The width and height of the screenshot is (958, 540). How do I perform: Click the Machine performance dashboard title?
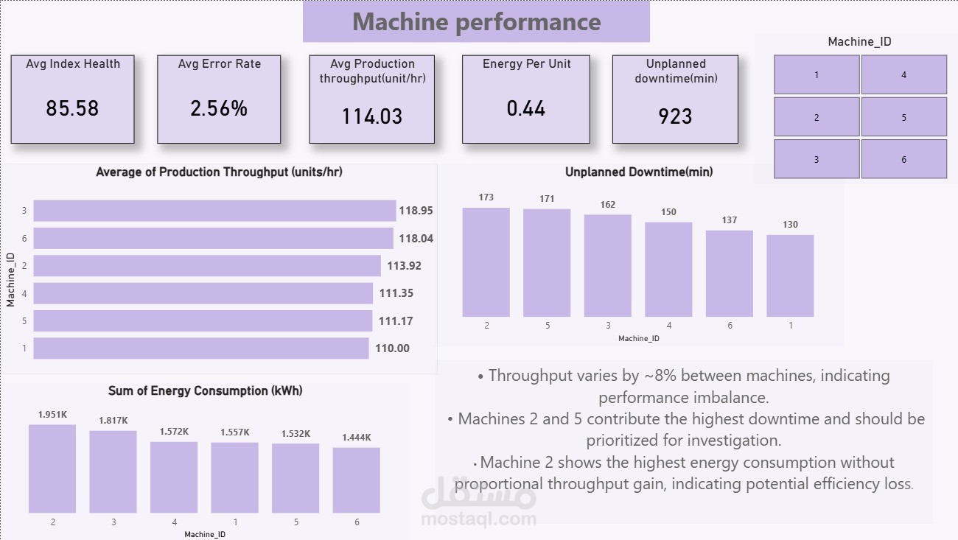point(476,21)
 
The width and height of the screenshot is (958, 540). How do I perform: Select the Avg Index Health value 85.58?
point(72,108)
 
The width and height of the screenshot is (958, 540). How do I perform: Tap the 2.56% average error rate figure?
point(219,108)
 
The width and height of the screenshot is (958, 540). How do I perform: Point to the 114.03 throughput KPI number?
point(372,116)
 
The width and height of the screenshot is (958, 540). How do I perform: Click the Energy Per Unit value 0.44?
point(525,108)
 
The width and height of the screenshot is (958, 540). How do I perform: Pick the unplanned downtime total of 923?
point(675,116)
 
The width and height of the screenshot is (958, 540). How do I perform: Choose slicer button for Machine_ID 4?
point(904,74)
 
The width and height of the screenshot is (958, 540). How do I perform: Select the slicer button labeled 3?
point(817,159)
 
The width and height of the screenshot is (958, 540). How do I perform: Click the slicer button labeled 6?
point(904,159)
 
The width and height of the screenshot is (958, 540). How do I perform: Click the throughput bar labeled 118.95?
point(214,211)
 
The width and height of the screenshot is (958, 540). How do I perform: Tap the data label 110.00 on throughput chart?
point(393,348)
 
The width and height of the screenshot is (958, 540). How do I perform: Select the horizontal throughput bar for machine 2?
point(207,266)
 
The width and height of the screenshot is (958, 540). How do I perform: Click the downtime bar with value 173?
point(486,262)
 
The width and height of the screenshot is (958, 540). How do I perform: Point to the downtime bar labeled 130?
point(790,276)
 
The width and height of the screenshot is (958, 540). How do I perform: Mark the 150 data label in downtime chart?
point(668,212)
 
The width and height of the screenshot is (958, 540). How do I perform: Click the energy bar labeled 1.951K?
point(52,469)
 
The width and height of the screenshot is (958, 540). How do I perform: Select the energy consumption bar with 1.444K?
point(356,480)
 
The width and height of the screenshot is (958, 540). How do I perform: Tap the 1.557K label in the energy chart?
point(234,432)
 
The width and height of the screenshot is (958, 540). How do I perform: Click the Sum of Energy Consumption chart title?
point(205,390)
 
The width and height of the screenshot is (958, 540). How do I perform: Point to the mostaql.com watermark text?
point(478,519)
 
